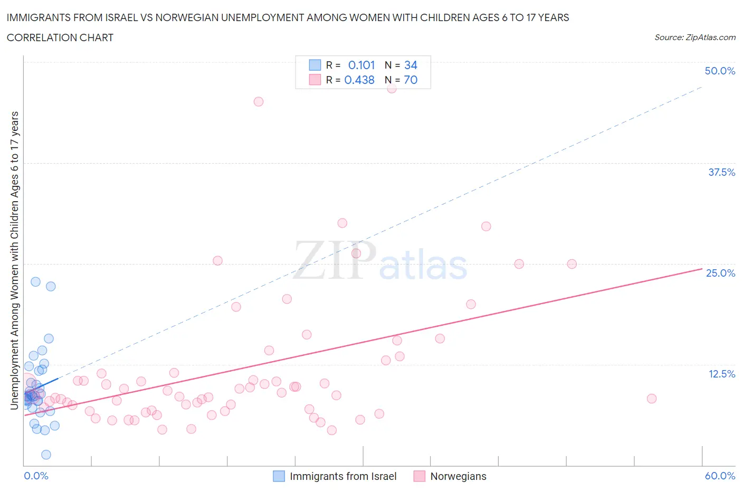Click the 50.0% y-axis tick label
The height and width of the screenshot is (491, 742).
tap(720, 71)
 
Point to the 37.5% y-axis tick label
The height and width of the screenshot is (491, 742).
tap(721, 172)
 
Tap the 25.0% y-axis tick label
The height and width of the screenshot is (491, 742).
tap(720, 273)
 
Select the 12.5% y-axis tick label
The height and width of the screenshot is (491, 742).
tap(721, 374)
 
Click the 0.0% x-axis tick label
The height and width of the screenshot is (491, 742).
tap(36, 476)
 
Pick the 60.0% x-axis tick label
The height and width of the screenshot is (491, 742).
tap(720, 476)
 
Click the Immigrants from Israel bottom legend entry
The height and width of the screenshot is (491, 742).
tap(343, 476)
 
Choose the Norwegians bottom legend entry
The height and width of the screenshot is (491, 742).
tap(458, 476)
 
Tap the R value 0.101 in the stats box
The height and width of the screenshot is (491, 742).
tap(362, 65)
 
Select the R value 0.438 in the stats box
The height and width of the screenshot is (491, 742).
tap(359, 80)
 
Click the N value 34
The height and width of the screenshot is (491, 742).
tap(411, 65)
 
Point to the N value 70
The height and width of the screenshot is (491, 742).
tap(411, 80)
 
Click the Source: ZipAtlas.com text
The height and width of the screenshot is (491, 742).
tap(695, 37)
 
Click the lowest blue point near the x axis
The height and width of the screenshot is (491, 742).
tap(46, 455)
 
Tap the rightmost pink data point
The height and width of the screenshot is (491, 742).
tap(652, 399)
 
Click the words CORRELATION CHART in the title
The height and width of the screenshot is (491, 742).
tap(60, 37)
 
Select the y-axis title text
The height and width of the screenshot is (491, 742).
tap(14, 260)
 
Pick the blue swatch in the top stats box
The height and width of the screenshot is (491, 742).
tap(315, 65)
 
